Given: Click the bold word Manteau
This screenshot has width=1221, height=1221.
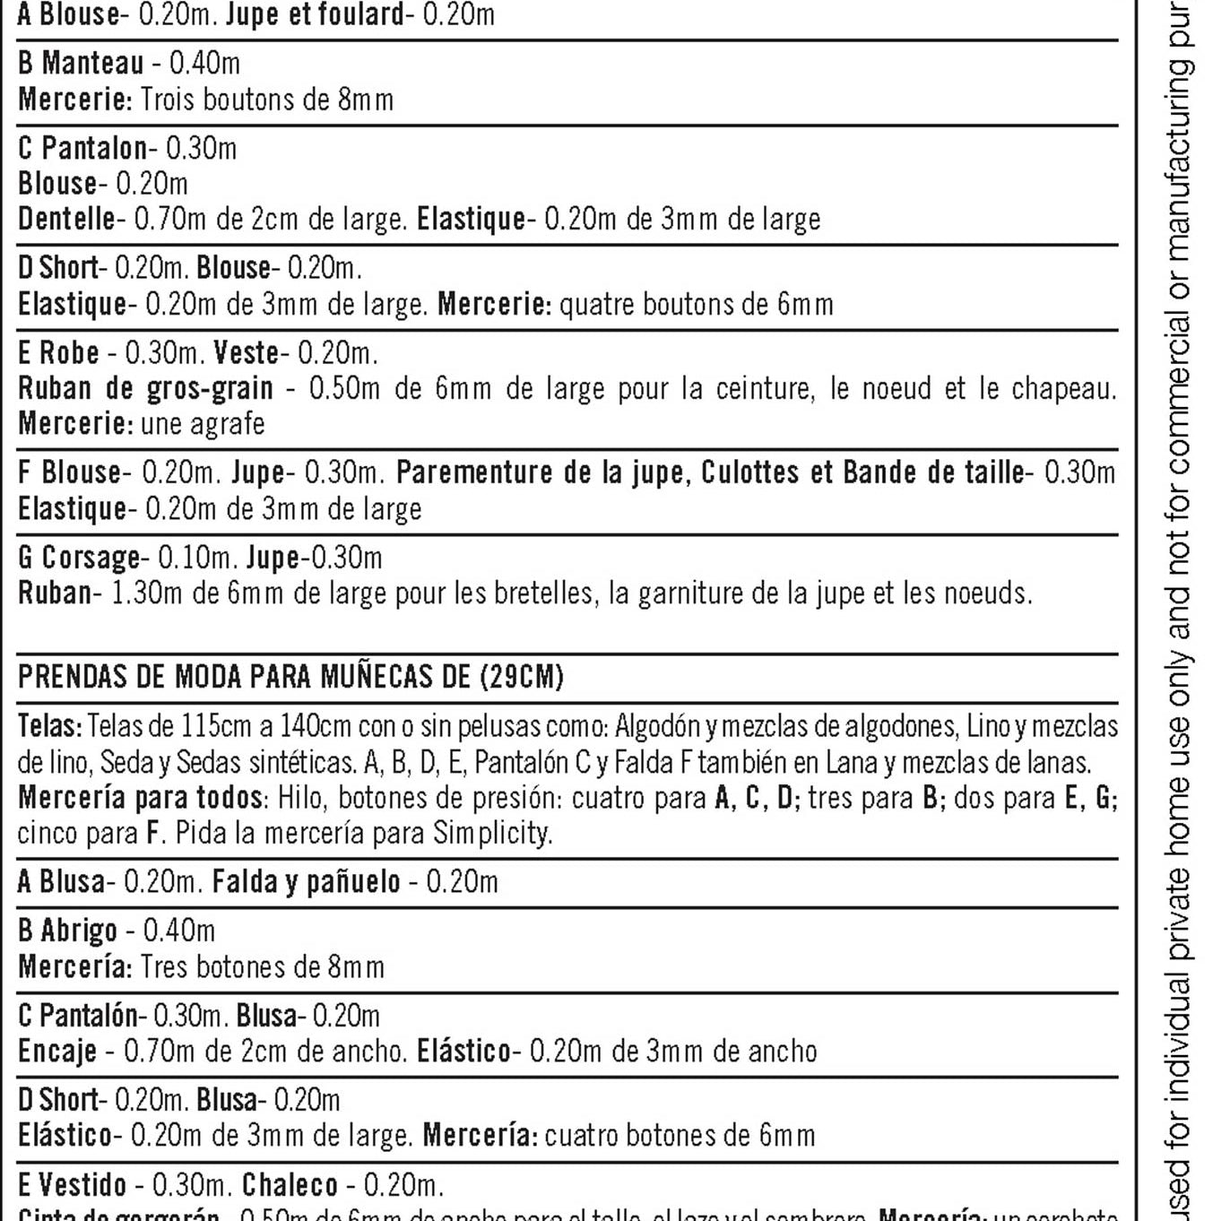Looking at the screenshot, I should [x=92, y=63].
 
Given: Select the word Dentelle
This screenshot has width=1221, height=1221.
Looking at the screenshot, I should [x=66, y=219].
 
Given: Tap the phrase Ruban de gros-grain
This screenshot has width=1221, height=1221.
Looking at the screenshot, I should [x=145, y=388].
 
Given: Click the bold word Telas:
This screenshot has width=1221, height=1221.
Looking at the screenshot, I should [x=50, y=725].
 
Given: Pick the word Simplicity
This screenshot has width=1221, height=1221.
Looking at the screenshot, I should [x=492, y=833].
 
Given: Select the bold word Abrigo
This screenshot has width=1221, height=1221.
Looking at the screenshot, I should [x=79, y=931].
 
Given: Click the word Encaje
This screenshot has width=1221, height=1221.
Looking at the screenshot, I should [x=57, y=1051].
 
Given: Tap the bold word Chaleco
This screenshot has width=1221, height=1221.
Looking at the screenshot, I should [x=290, y=1185].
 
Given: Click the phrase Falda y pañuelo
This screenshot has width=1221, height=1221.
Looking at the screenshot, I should [x=306, y=882].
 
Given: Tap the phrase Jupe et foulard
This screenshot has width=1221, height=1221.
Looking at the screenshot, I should [x=315, y=14].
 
